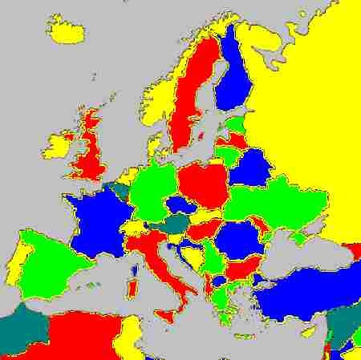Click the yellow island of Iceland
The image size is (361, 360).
67,32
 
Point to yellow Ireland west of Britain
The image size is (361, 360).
59,146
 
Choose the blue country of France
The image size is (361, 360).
96,220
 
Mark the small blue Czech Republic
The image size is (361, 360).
180,205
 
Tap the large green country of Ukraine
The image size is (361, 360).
277,200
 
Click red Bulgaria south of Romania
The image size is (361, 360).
241,268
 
